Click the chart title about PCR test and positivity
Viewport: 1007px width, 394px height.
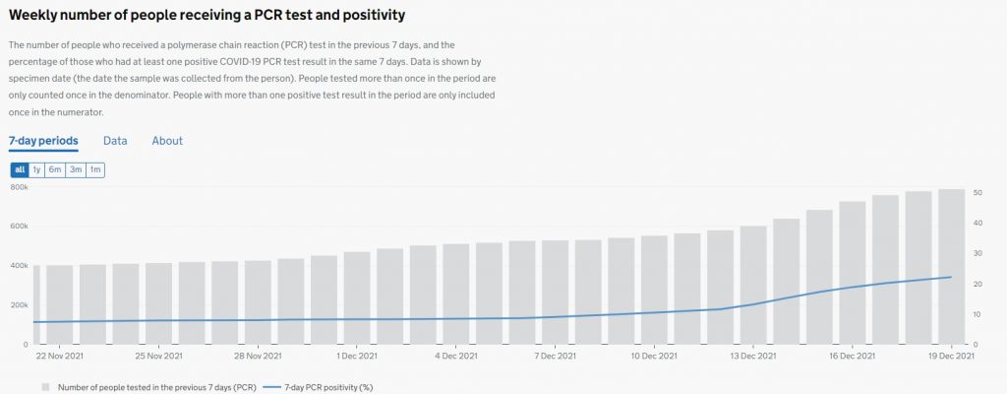(207, 16)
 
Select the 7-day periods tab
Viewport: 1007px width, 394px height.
(43, 141)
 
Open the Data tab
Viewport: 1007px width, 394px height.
(115, 141)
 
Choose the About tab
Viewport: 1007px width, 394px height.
(167, 141)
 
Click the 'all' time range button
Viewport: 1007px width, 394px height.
(20, 170)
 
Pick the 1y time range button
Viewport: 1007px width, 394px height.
(37, 170)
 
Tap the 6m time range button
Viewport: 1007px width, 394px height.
(56, 170)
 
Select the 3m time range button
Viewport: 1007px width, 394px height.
(76, 170)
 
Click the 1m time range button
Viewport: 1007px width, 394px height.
(95, 170)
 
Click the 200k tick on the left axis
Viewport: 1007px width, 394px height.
(19, 305)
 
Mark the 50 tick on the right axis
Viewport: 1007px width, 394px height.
(977, 192)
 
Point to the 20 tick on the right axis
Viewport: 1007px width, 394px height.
(977, 285)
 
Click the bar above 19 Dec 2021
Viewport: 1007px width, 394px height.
(951, 266)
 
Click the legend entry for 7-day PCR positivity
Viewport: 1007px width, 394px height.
(320, 387)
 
